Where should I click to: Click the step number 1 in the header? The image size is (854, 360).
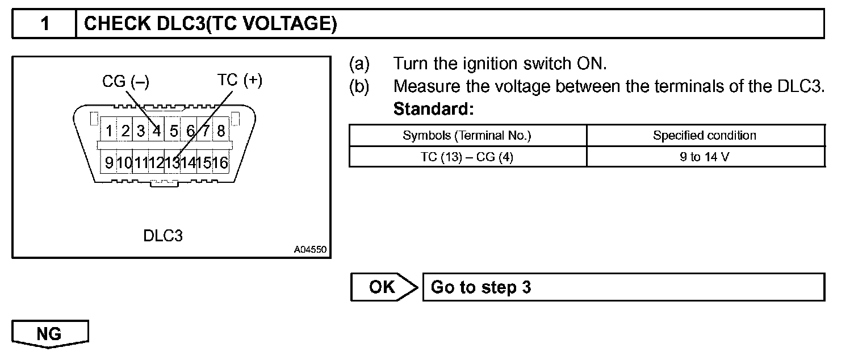[x=44, y=24]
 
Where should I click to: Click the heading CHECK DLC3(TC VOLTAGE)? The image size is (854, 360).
[x=210, y=24]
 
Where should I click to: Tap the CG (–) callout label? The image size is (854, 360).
[x=125, y=81]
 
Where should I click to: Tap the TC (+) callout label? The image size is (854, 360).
[x=240, y=81]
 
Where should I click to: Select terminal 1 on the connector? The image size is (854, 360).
[x=108, y=132]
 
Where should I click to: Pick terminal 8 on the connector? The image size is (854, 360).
[x=221, y=132]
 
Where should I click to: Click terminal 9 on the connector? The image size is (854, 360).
[x=108, y=164]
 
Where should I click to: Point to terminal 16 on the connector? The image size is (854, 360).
[x=220, y=164]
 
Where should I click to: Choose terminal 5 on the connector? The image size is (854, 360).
[x=174, y=132]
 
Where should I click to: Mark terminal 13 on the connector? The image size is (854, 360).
[x=173, y=164]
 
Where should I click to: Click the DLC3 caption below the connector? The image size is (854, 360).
[x=163, y=236]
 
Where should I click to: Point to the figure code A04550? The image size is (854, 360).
[x=311, y=249]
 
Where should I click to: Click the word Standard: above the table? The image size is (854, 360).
[x=433, y=108]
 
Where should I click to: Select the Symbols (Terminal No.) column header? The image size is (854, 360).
[x=467, y=136]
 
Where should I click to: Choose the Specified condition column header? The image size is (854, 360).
[x=705, y=136]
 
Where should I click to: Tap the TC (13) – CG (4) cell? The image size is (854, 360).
[x=467, y=157]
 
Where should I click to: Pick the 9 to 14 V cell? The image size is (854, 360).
[x=705, y=157]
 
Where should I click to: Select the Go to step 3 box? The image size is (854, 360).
[x=623, y=287]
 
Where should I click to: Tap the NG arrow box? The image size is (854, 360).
[x=50, y=334]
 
